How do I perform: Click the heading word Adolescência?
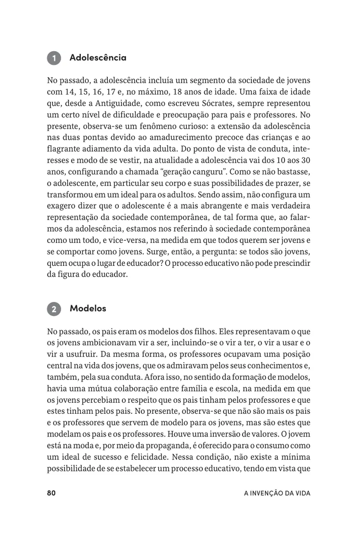point(98,58)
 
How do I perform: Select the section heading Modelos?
point(88,308)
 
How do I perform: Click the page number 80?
point(51,493)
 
